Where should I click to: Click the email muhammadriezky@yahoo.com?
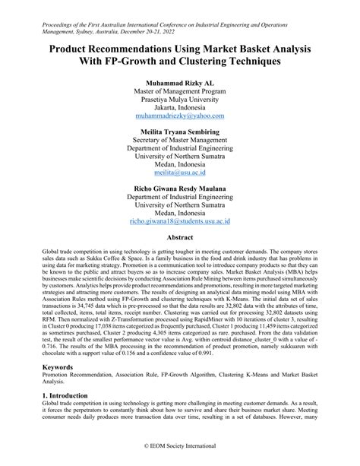pyautogui.click(x=179, y=116)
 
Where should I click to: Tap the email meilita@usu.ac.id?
pyautogui.click(x=179, y=173)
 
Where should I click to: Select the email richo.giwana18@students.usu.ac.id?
pyautogui.click(x=179, y=221)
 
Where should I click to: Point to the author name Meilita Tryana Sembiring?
pyautogui.click(x=179, y=132)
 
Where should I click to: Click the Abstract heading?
pyautogui.click(x=179, y=237)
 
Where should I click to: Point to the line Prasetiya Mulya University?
pyautogui.click(x=179, y=98)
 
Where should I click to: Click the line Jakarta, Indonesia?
pyautogui.click(x=179, y=107)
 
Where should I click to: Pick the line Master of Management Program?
pyautogui.click(x=179, y=90)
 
